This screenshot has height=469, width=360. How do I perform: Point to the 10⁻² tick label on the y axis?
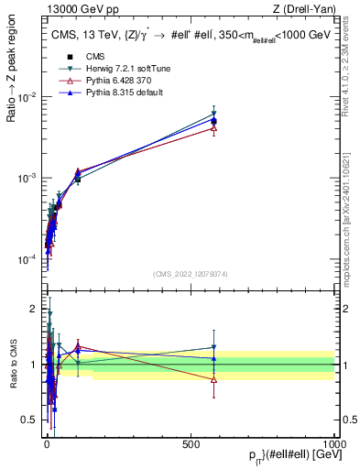(26, 97)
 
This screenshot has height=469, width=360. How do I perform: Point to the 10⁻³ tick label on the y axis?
(26, 179)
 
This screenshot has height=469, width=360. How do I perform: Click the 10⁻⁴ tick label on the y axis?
(26, 260)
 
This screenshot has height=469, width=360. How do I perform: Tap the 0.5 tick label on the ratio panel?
(30, 420)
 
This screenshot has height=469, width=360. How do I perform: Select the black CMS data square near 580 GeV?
(213, 121)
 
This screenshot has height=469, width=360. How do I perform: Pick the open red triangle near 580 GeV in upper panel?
(213, 128)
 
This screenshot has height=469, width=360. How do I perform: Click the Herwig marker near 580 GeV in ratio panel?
(213, 347)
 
